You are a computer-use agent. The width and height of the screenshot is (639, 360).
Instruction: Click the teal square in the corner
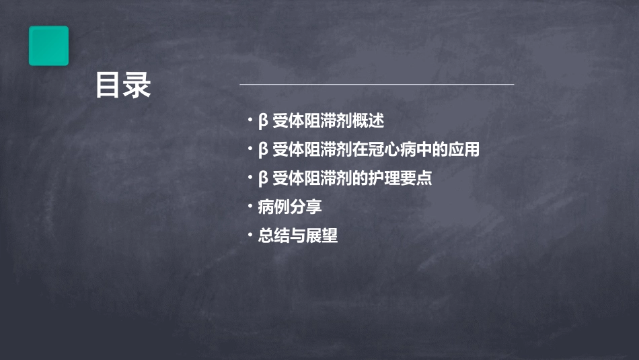coord(48,46)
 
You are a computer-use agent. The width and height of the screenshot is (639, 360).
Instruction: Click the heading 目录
coord(122,85)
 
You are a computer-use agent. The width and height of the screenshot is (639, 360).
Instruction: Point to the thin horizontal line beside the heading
coord(377,85)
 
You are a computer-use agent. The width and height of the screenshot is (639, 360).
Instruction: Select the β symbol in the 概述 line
coord(263,122)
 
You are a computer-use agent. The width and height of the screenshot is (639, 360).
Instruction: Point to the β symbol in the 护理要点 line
coord(263,179)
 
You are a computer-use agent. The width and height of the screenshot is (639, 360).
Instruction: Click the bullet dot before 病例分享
coord(250,206)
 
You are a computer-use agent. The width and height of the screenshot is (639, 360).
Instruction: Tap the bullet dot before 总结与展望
coord(250,235)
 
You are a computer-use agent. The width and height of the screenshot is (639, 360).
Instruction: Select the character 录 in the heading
coord(137,85)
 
